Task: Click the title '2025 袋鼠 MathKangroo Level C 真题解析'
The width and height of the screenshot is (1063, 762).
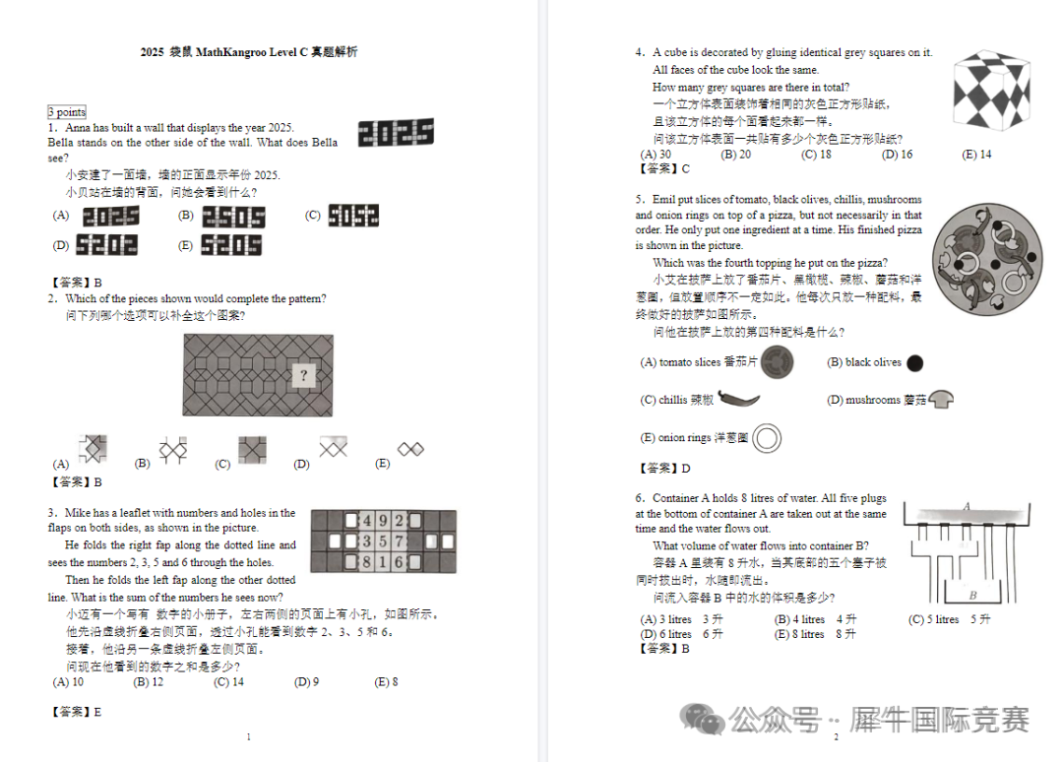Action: (x=249, y=51)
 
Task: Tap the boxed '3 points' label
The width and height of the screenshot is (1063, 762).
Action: (x=67, y=112)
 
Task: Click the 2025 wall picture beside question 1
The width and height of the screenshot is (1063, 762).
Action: (x=396, y=133)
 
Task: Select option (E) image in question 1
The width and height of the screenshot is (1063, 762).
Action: (x=231, y=245)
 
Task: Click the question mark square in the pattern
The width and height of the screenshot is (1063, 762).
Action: (x=304, y=375)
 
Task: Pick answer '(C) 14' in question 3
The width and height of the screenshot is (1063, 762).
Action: (x=228, y=681)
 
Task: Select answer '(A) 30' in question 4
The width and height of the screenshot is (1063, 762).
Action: (x=656, y=155)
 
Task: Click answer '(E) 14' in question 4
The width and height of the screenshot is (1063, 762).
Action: (x=976, y=155)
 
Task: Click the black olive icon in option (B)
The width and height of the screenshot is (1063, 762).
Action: (x=914, y=363)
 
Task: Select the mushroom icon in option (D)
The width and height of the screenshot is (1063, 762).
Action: (x=941, y=400)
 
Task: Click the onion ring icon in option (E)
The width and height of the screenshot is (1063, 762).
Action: (x=767, y=438)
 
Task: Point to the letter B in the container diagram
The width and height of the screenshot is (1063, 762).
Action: (x=972, y=595)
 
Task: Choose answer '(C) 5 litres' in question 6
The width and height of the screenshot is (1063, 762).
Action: (x=949, y=619)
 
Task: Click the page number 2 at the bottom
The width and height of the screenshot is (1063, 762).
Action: (x=836, y=737)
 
